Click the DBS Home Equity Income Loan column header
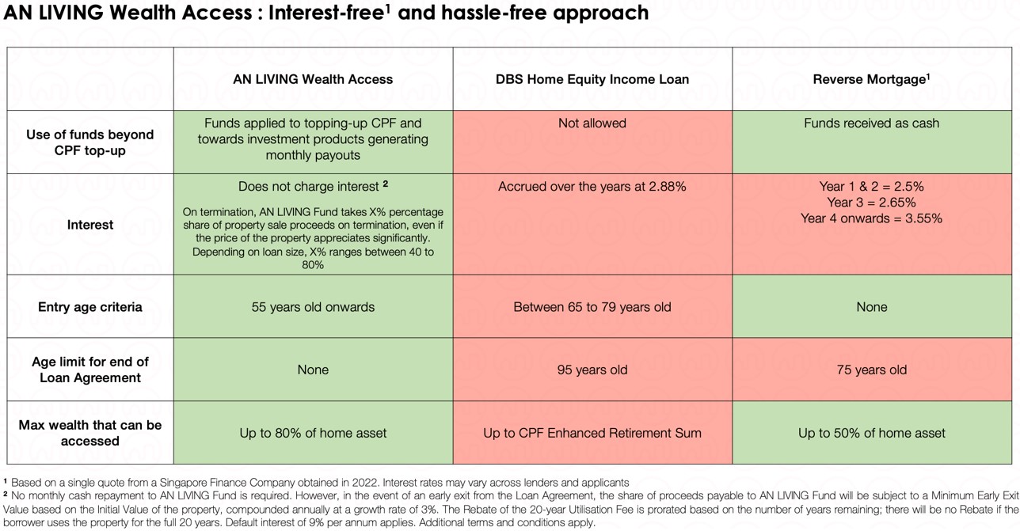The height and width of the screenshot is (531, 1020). [592, 79]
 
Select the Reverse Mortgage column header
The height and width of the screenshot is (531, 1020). [871, 79]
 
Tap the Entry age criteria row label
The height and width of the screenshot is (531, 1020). [90, 307]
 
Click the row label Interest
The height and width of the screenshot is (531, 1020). [90, 224]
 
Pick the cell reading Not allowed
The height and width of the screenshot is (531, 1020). [592, 123]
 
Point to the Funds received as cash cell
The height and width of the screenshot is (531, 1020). [872, 123]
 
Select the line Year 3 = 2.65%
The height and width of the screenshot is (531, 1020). [872, 202]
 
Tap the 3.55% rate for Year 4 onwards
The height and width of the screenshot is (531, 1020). [923, 218]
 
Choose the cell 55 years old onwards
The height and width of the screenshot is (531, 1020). [313, 307]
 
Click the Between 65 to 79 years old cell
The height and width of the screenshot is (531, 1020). [592, 307]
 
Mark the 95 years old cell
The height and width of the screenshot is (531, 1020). [592, 370]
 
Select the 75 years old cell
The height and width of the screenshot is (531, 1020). [872, 370]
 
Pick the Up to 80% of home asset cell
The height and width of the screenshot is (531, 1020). [313, 433]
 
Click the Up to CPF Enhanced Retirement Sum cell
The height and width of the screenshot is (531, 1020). [592, 433]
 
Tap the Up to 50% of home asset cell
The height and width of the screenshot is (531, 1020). [872, 433]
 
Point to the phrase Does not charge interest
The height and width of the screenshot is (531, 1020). [309, 186]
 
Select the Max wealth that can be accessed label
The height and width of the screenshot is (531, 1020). [90, 433]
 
